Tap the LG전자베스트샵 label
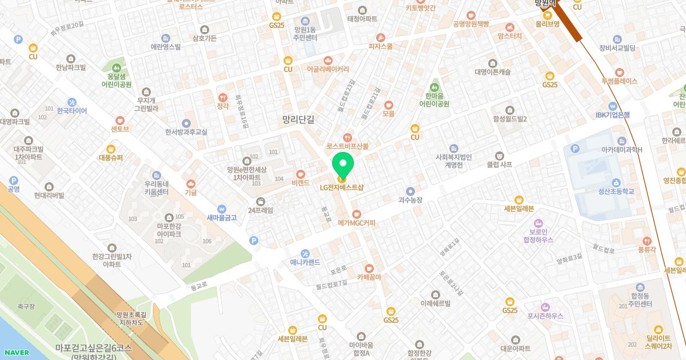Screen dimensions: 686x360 pos(342,187)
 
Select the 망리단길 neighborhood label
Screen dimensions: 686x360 pos(298,119)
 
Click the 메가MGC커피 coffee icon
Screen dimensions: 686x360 pos(356,214)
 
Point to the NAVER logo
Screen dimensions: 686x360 pos(16,353)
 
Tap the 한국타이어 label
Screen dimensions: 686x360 pos(72,111)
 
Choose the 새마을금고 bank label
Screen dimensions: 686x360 pos(222,217)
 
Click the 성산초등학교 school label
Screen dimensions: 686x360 pos(616,191)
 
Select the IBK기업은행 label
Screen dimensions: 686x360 pos(612,115)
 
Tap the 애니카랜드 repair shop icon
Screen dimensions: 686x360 pos(305,254)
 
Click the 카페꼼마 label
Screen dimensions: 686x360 pos(369,277)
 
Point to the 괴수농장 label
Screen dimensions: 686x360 pos(410,200)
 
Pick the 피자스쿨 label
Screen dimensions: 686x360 pos(381,46)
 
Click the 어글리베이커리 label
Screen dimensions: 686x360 pos(328,69)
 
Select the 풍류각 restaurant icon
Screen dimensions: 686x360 pos(647,241)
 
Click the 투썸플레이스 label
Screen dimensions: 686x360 pos(619,81)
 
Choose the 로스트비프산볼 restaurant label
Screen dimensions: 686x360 pos(348,146)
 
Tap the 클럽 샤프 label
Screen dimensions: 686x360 pos(499,164)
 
